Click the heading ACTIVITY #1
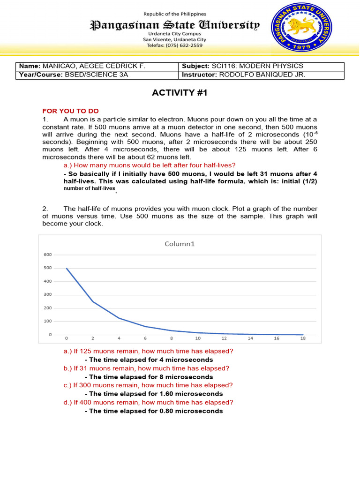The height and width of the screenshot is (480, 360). coord(180,93)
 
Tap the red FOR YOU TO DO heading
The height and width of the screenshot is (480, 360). coord(71,111)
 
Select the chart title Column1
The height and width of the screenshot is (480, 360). coord(179,244)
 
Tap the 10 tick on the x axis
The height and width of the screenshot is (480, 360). coord(198,338)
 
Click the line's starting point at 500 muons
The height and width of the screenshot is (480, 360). coord(67,268)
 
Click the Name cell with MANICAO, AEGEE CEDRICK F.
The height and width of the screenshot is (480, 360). coord(97,66)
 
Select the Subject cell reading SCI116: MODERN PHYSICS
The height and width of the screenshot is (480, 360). coord(262,66)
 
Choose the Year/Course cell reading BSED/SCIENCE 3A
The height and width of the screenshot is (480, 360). coord(97,75)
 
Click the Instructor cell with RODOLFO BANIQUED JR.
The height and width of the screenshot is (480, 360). coord(262,75)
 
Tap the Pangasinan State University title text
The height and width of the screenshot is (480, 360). coord(174,25)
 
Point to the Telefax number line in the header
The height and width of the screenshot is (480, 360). coord(174,45)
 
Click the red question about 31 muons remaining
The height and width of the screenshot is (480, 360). coord(146,368)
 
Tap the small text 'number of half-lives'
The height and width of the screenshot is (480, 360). coord(89,188)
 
